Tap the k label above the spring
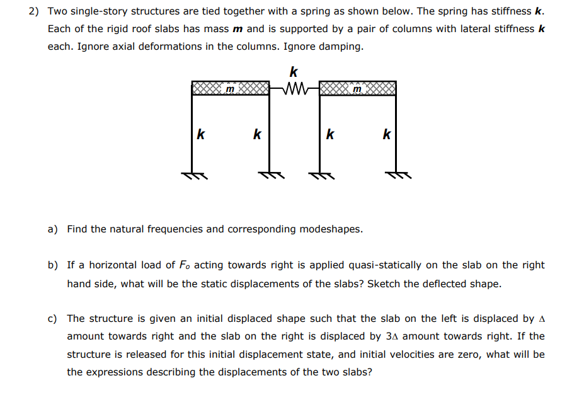(x=293, y=71)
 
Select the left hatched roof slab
(x=231, y=88)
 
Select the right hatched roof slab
(x=358, y=88)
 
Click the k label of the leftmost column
(x=200, y=134)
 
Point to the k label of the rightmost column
(x=387, y=134)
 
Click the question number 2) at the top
(x=35, y=12)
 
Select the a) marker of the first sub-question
(x=53, y=229)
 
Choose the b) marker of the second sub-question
(x=53, y=265)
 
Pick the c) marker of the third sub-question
(x=53, y=319)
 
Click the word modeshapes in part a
(x=330, y=229)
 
